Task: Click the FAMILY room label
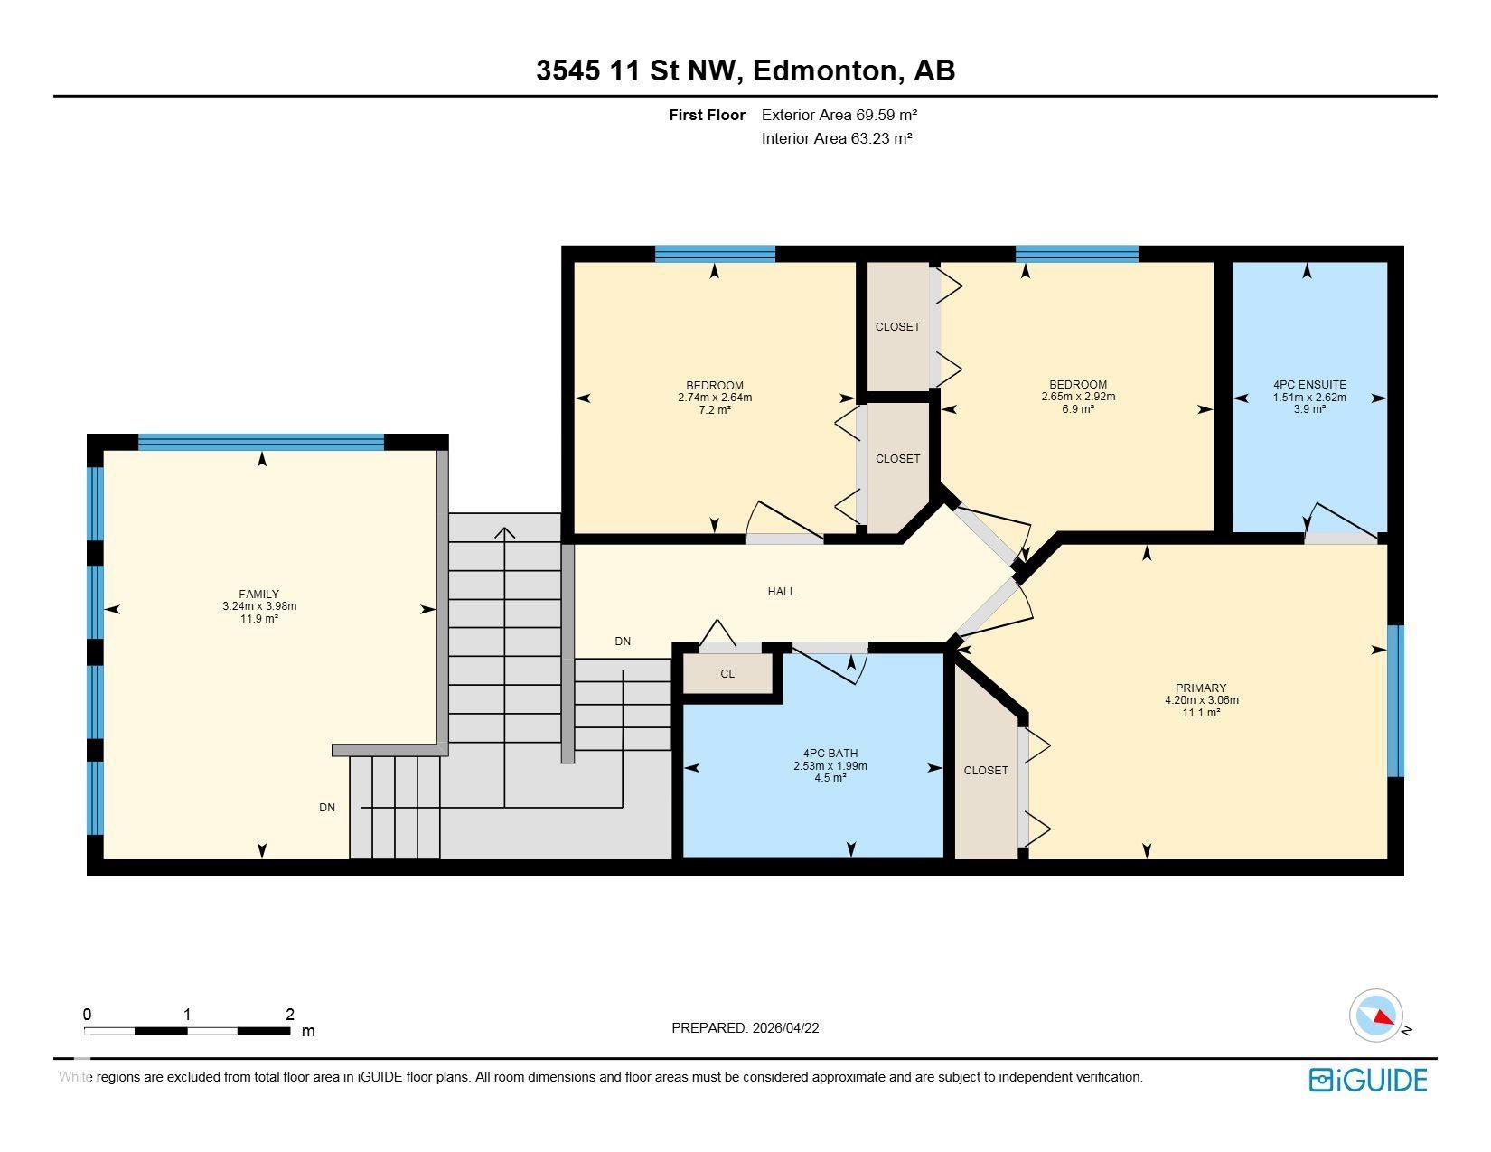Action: (258, 595)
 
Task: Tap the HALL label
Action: (782, 592)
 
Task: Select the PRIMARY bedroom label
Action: (1201, 688)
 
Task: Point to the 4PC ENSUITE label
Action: (1310, 385)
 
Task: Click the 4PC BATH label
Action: (830, 754)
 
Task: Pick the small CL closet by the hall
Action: (727, 674)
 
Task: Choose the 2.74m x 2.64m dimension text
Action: (715, 398)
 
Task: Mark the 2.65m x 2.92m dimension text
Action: (1078, 397)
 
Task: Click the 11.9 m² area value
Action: (258, 619)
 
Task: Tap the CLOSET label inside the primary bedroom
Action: (986, 771)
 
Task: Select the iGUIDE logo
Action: (1367, 1080)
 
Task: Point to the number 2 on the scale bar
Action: (289, 1014)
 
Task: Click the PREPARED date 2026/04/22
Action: (785, 1028)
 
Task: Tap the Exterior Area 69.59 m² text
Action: (839, 116)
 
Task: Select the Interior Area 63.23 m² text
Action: (837, 138)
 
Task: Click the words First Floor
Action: (707, 116)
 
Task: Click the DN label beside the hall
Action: (623, 642)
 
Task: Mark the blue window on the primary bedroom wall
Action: (1395, 700)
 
